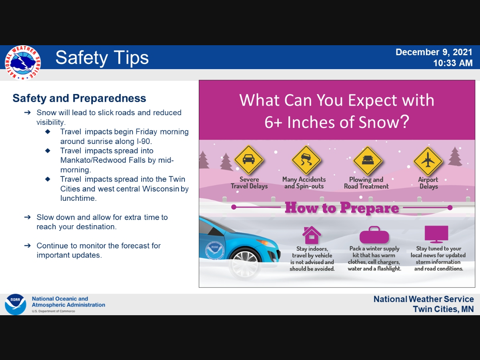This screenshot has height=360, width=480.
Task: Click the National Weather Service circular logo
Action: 23,63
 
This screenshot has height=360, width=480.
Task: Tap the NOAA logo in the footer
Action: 16,304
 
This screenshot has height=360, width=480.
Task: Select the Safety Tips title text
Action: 102,58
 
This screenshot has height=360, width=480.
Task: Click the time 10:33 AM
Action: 453,63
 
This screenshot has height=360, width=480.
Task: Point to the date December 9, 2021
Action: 434,52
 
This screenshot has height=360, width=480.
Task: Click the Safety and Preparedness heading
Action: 79,98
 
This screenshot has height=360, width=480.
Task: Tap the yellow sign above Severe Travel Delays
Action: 249,160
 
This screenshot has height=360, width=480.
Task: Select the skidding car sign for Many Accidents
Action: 306,160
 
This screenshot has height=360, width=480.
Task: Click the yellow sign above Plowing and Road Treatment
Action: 368,161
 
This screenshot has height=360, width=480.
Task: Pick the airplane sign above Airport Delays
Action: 428,161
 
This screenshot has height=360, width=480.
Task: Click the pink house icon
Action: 312,235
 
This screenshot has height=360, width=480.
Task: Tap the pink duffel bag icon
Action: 374,235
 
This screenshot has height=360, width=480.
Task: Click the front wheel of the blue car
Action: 245,264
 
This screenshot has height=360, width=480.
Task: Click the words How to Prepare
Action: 342,208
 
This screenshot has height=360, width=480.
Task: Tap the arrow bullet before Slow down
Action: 28,217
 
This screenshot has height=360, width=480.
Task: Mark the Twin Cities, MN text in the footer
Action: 443,309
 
